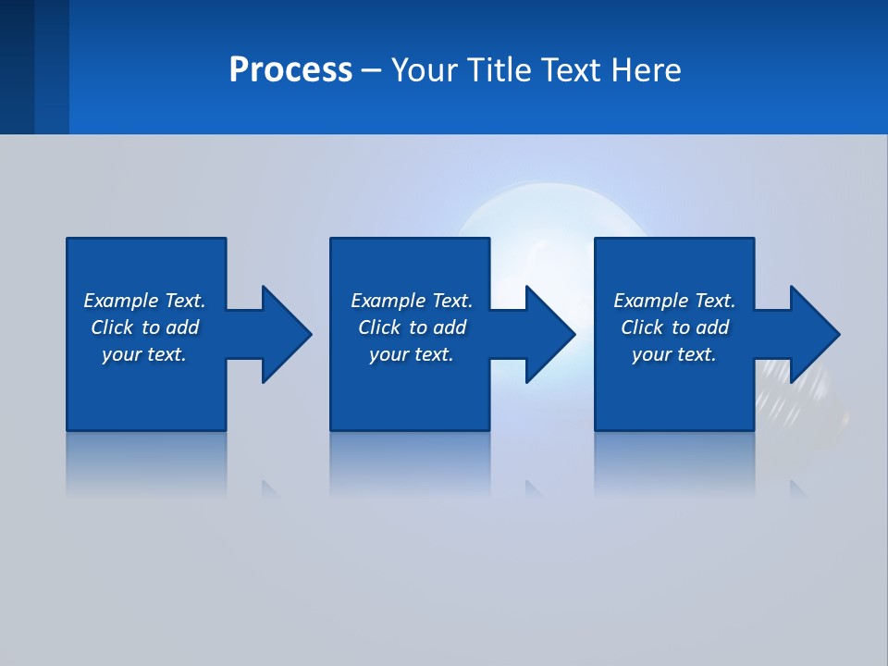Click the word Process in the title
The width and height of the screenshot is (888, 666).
[290, 70]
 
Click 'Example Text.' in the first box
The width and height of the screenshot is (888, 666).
[144, 301]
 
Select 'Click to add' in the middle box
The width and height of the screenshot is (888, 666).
[412, 327]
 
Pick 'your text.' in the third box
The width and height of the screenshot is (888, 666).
[674, 354]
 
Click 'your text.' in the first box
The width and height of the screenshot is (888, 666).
[144, 354]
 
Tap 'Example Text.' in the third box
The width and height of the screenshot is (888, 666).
[674, 301]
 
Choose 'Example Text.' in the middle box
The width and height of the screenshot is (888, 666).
[412, 301]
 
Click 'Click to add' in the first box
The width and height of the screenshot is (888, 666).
[144, 327]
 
